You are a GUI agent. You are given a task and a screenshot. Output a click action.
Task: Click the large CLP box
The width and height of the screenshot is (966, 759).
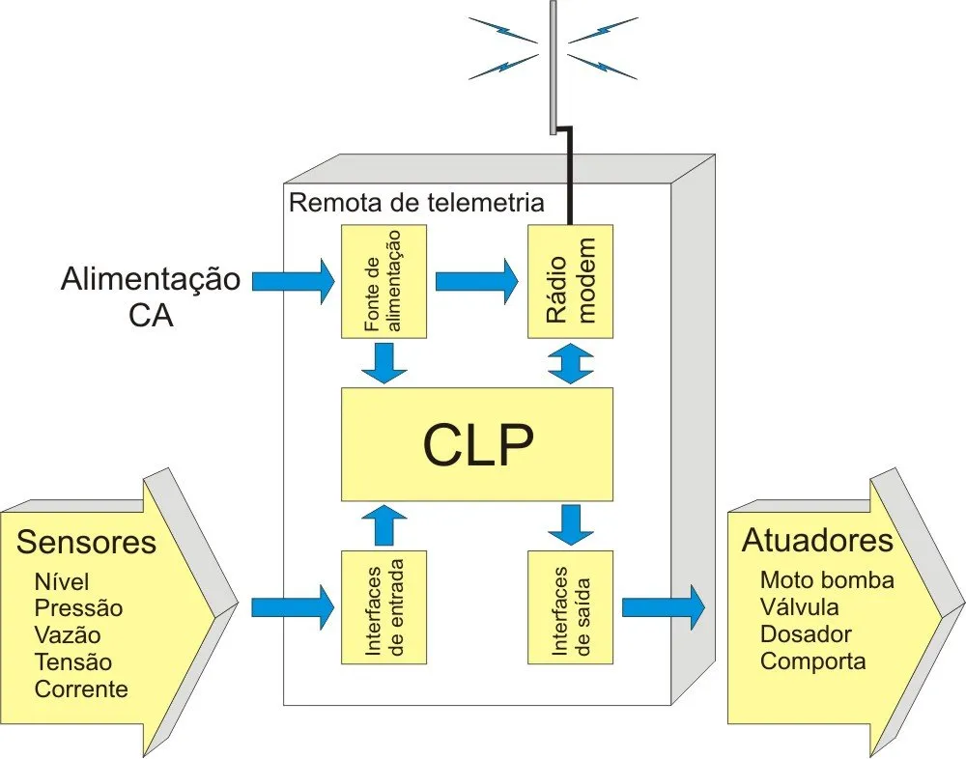[477, 445]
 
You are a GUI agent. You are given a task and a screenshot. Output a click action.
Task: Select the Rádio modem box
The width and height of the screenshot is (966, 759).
[570, 280]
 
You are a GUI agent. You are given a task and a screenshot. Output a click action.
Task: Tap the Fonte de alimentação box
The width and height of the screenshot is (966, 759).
[384, 280]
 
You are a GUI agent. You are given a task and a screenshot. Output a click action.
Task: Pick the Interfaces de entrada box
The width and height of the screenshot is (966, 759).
[384, 606]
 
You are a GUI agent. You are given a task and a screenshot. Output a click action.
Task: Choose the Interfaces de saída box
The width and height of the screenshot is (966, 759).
[570, 606]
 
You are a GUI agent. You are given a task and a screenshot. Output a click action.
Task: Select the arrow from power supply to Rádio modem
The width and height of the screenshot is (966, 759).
[476, 281]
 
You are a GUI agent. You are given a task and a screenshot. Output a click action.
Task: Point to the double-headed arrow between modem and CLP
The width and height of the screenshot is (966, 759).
[571, 363]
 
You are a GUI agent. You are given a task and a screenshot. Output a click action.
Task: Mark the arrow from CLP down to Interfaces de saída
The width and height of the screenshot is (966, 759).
[571, 525]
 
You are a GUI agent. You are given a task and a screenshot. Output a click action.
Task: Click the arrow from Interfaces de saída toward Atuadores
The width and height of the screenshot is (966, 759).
[664, 607]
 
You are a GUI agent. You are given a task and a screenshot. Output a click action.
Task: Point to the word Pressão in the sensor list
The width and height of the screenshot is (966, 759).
[78, 609]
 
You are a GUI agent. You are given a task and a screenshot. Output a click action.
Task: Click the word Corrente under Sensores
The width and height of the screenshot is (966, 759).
[81, 689]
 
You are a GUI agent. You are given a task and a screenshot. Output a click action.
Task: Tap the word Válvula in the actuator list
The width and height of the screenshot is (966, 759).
[799, 607]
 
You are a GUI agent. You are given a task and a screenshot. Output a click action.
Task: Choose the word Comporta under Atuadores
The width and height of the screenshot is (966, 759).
[812, 661]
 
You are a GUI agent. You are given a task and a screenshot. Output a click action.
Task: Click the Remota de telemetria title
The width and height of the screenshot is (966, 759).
[416, 204]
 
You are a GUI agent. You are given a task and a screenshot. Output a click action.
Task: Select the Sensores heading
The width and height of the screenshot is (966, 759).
[86, 542]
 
